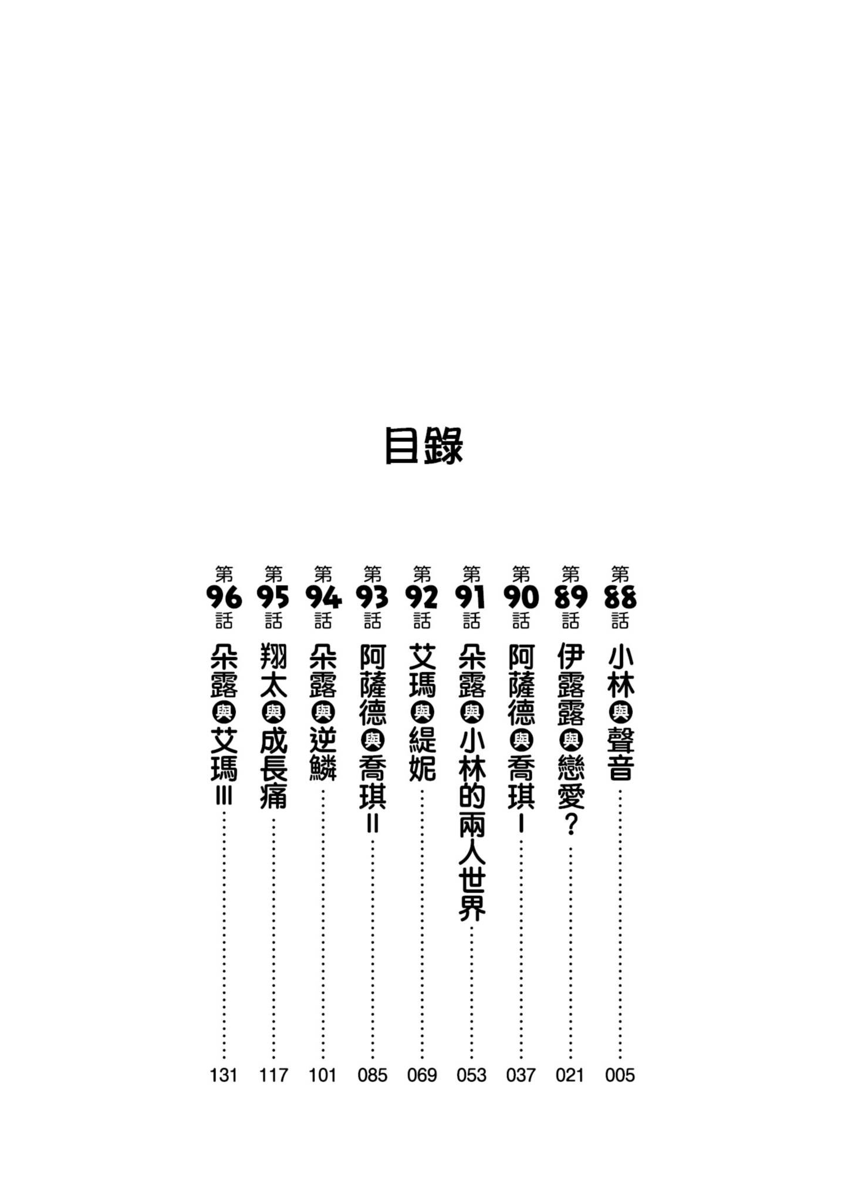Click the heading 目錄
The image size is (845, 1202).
point(424,447)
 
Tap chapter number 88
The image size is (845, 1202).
point(620,597)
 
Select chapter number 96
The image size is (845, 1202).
point(224,597)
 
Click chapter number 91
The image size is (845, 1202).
point(471,597)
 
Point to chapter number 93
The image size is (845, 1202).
point(372,597)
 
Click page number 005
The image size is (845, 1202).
point(620,1075)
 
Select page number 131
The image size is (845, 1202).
point(224,1075)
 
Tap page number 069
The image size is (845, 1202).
point(422,1075)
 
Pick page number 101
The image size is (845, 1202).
point(323,1075)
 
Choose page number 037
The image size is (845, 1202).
point(520,1075)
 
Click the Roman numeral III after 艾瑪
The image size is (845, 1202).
point(224,797)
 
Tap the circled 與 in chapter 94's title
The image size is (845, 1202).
point(323,713)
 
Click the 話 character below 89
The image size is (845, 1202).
point(570,621)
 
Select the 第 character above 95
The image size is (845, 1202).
point(273,573)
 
